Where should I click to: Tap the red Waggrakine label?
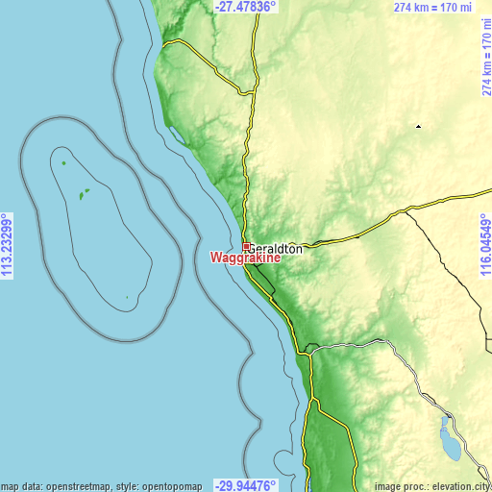coord(245,258)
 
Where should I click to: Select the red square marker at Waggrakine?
coord(246,247)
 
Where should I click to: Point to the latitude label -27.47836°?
coord(245,6)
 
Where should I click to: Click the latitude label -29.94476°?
coord(245,485)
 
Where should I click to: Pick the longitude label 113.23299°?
coord(7,246)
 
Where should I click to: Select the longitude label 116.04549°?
coord(485,246)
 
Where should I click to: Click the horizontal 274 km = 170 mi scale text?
coord(432,8)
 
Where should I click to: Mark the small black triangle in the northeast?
coord(418,126)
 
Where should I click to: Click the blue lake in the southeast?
coord(448,438)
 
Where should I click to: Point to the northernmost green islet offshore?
coord(64,163)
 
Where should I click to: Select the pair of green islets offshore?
coord(84,192)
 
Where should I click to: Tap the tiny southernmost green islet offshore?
coord(127,297)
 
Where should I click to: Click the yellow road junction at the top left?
coord(165,43)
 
